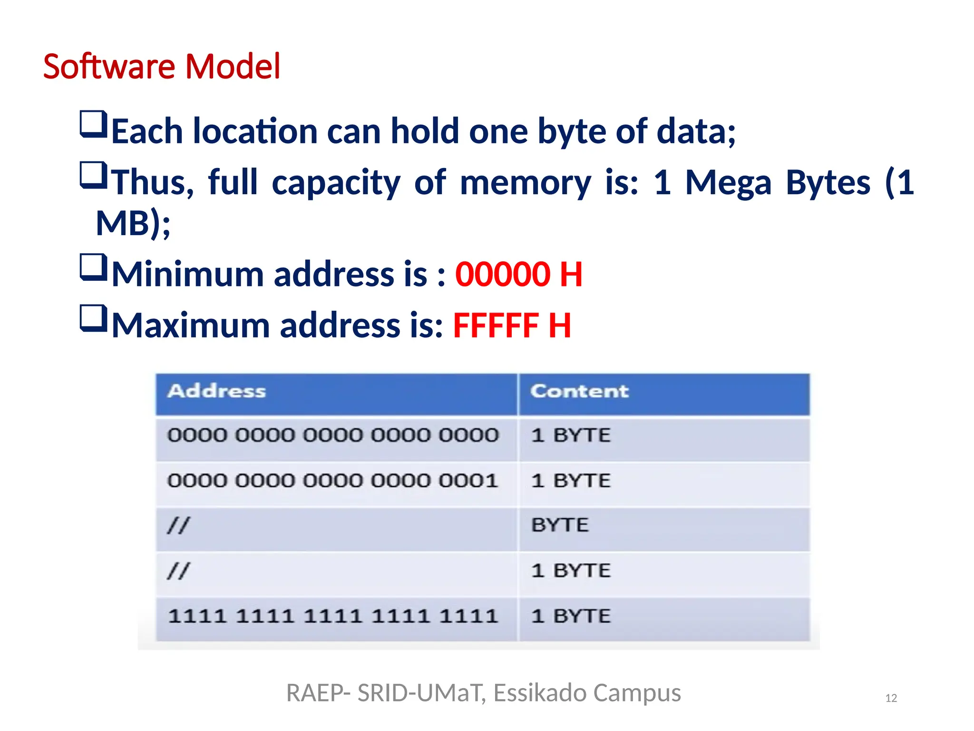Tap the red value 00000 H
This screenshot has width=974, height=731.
tap(518, 275)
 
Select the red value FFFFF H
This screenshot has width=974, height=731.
tap(512, 326)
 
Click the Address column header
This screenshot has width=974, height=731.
tap(216, 391)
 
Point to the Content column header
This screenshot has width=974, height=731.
tap(579, 391)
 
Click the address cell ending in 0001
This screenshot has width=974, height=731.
tap(332, 481)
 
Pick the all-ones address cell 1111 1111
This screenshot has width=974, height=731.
tap(332, 616)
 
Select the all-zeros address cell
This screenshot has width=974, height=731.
tap(332, 435)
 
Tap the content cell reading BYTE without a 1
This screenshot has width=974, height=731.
tap(560, 525)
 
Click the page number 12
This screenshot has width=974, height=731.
tap(891, 698)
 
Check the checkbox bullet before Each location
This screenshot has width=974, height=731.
tap(93, 124)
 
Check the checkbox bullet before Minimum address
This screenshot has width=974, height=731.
tap(93, 267)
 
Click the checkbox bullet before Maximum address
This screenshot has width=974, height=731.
tap(93, 318)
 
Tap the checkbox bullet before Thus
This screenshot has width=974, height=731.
tap(93, 175)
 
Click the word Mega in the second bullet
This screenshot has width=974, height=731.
tap(728, 183)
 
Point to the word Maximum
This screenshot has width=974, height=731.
tap(191, 326)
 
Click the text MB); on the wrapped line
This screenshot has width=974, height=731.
tap(133, 224)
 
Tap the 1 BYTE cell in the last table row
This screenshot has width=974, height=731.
tap(571, 616)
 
